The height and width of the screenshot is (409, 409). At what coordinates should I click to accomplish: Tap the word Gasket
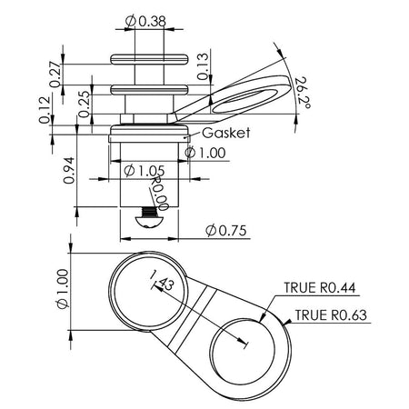coord(225,132)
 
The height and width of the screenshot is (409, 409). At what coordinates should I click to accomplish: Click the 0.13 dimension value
coord(201,65)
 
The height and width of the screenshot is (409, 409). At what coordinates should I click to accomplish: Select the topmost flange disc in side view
coord(148,61)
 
